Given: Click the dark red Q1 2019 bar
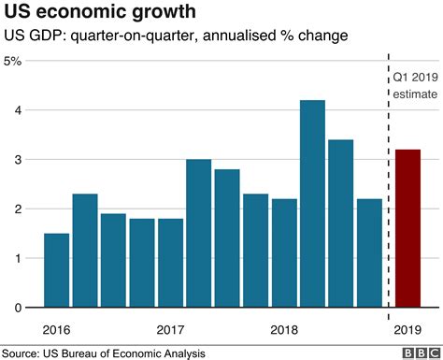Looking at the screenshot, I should click(408, 228).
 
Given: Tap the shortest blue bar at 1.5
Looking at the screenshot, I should click(57, 270).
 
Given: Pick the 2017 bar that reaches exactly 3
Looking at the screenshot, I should click(198, 234).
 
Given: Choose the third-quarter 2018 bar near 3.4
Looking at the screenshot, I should click(340, 223).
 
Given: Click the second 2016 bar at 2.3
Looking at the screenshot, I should click(85, 251).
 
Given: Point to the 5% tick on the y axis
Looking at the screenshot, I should click(14, 62).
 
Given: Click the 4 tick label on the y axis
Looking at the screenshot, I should click(18, 110).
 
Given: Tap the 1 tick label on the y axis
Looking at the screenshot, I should click(18, 258).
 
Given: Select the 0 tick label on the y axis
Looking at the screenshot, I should click(18, 308).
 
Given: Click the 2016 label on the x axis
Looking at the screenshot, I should click(57, 329).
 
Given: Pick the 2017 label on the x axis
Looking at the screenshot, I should click(170, 329).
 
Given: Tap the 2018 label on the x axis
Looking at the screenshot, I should click(283, 329).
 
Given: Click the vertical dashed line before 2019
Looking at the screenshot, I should click(388, 187).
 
